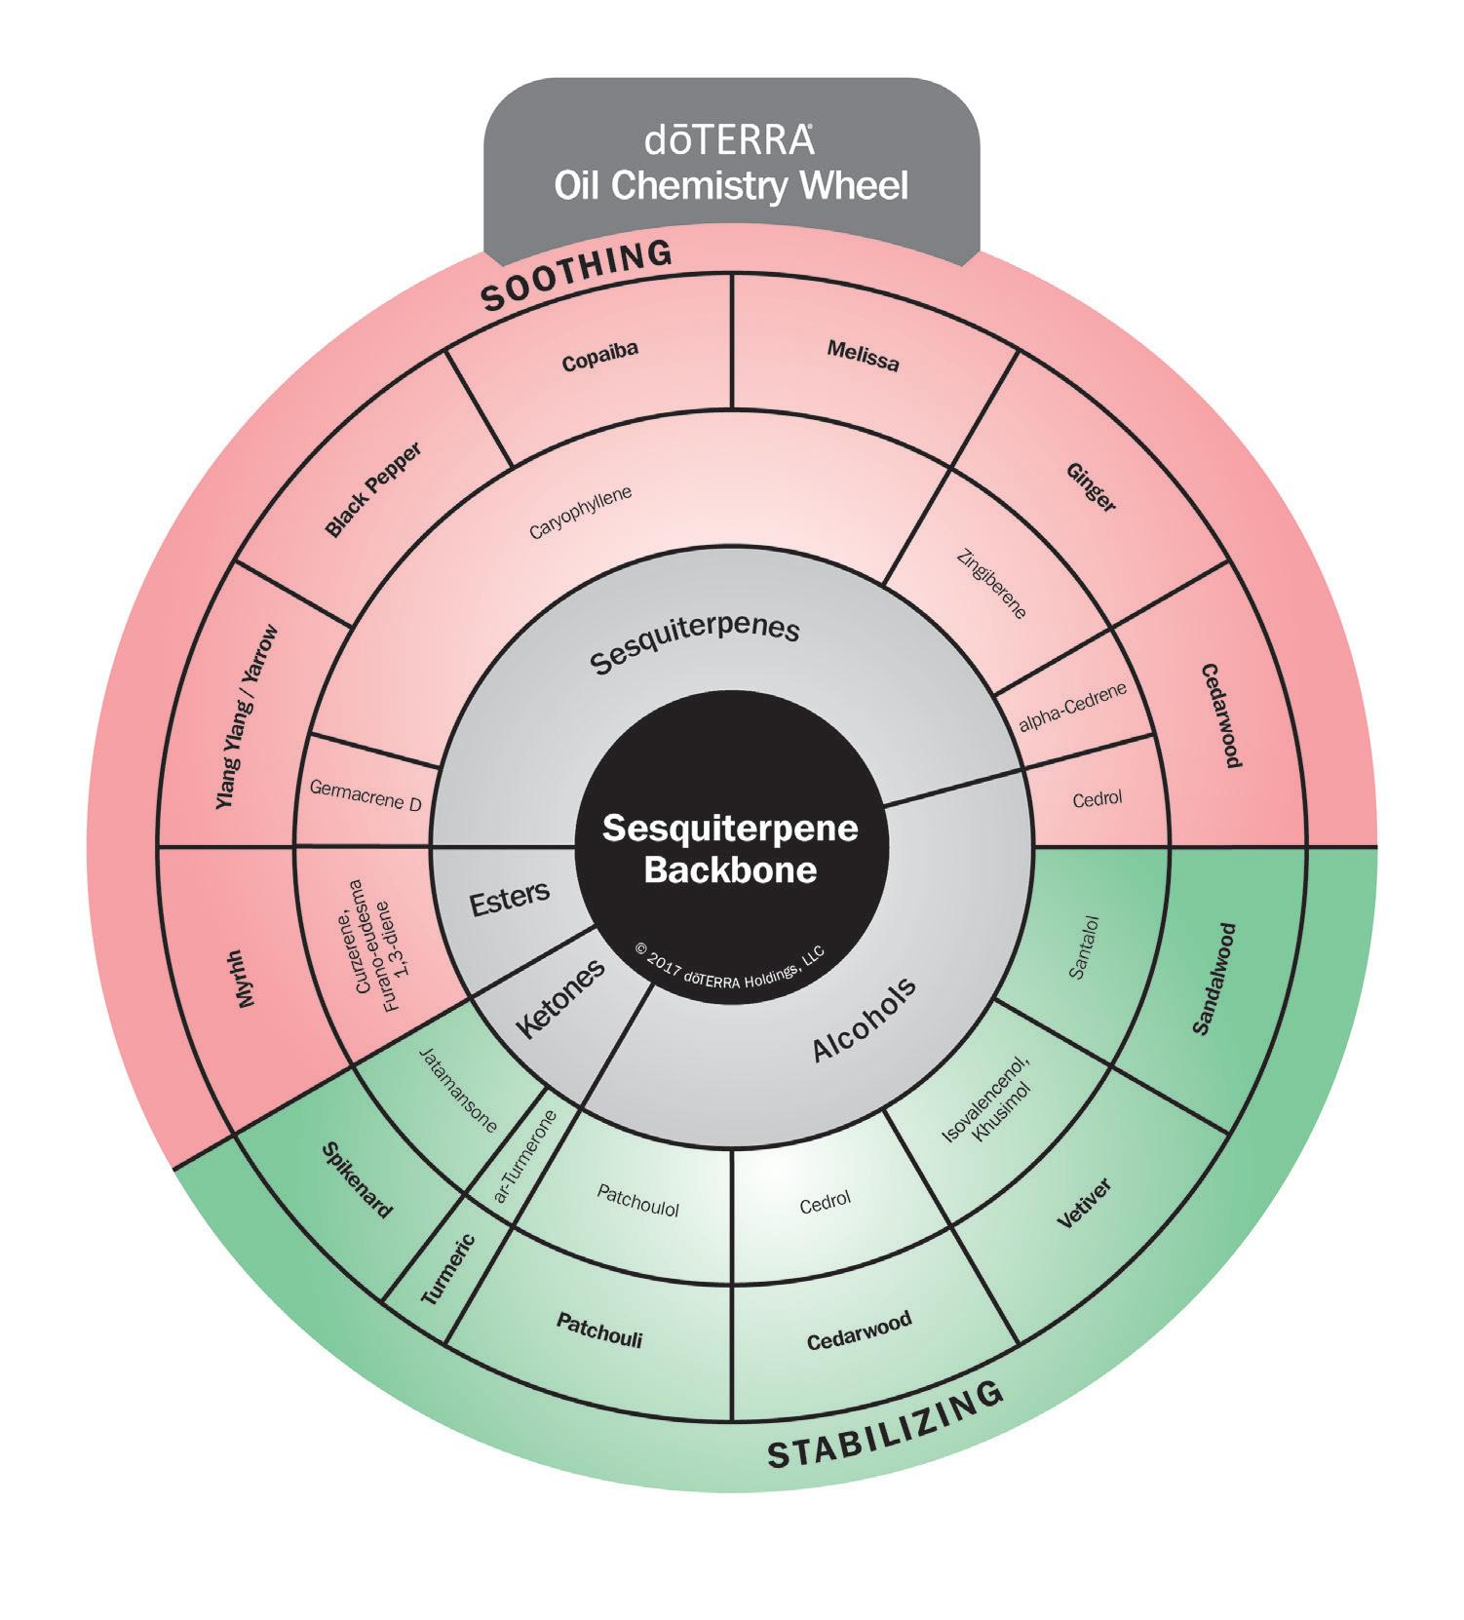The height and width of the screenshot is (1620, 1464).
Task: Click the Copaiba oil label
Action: coord(599,357)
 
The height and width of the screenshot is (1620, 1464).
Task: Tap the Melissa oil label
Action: coord(862,356)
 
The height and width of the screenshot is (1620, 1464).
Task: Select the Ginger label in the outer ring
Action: coord(1091,486)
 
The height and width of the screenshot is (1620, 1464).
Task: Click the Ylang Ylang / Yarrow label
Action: coord(247,716)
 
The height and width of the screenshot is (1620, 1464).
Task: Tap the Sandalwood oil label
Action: coord(1214,978)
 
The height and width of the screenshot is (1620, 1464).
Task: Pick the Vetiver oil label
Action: coord(1084,1205)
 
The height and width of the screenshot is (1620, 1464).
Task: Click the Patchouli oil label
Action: coord(599,1329)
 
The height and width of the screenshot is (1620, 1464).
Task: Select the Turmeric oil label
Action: coord(447,1269)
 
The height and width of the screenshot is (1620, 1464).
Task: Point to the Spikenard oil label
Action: coord(358,1180)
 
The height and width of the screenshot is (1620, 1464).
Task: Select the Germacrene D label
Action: coord(365,795)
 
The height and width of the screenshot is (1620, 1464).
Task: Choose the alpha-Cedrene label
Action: coord(1072,707)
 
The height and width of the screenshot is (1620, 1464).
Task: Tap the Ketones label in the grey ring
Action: coord(559,999)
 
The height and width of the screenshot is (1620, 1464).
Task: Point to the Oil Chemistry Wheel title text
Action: coord(731,184)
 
